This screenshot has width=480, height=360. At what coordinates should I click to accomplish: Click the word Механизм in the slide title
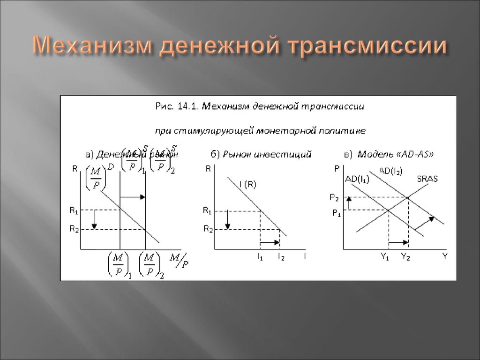90,47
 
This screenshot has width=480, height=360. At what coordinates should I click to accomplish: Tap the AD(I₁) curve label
357,179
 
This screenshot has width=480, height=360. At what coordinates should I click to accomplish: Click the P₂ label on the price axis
334,197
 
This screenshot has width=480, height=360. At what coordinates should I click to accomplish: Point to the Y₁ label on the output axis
385,256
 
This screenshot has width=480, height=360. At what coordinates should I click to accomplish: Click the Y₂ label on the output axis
405,256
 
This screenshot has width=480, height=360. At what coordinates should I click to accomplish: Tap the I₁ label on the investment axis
259,256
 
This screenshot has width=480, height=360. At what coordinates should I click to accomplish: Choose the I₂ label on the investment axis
280,256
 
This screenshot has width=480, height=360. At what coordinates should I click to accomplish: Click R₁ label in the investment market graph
207,211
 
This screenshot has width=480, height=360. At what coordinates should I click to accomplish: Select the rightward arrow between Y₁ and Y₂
399,242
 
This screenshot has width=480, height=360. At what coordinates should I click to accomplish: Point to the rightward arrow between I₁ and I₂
270,242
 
